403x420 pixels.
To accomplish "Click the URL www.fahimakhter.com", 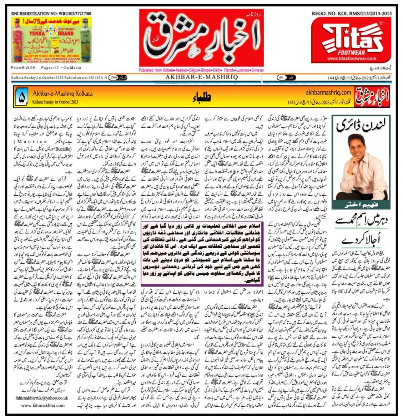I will (43, 405).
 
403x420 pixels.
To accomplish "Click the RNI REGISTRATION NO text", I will (51, 13).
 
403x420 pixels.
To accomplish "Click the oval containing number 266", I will (114, 77).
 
